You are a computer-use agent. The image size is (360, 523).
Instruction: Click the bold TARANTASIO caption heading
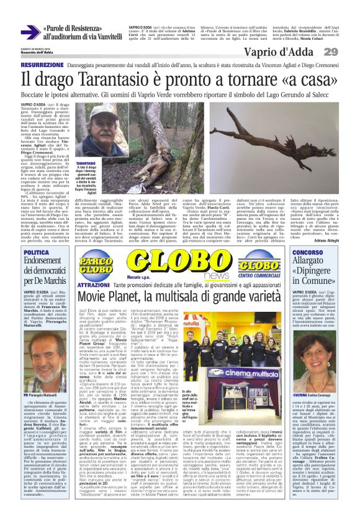click(x=86, y=163)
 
